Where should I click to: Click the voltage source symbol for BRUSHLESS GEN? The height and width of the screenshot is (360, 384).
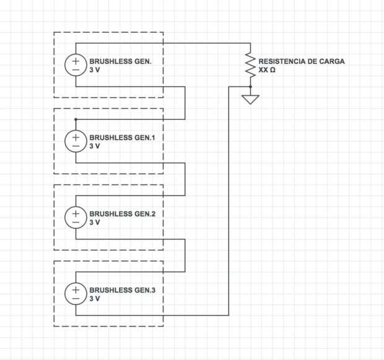coord(76,66)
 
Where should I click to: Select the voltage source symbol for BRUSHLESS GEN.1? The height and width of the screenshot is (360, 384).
coord(76,142)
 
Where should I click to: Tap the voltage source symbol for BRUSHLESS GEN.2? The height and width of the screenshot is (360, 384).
coord(76,218)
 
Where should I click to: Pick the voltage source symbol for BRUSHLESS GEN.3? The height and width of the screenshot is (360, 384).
coord(76,294)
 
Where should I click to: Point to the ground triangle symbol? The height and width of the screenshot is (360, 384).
coord(250,99)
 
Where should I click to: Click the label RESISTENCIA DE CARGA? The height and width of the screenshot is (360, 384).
coord(302,62)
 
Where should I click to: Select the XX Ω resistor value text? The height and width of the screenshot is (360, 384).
coord(267,71)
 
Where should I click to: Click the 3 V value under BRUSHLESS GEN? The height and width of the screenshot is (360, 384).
coord(95,71)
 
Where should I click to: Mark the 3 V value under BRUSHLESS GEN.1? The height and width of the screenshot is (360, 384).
coord(95,147)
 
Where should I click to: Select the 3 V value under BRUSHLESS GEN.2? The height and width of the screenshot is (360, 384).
coord(95,223)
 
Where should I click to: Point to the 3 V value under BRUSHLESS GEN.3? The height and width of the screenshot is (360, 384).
coord(95,299)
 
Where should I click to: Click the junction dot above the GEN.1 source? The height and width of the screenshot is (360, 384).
coord(76,119)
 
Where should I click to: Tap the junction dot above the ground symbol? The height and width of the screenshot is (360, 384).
coord(250,87)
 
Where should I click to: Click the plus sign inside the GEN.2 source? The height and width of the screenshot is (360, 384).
coord(76,212)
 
